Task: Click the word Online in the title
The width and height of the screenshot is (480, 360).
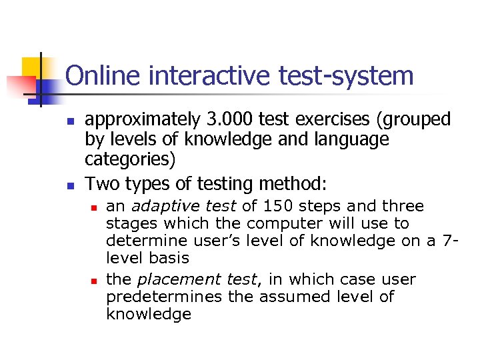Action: click(x=105, y=76)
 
